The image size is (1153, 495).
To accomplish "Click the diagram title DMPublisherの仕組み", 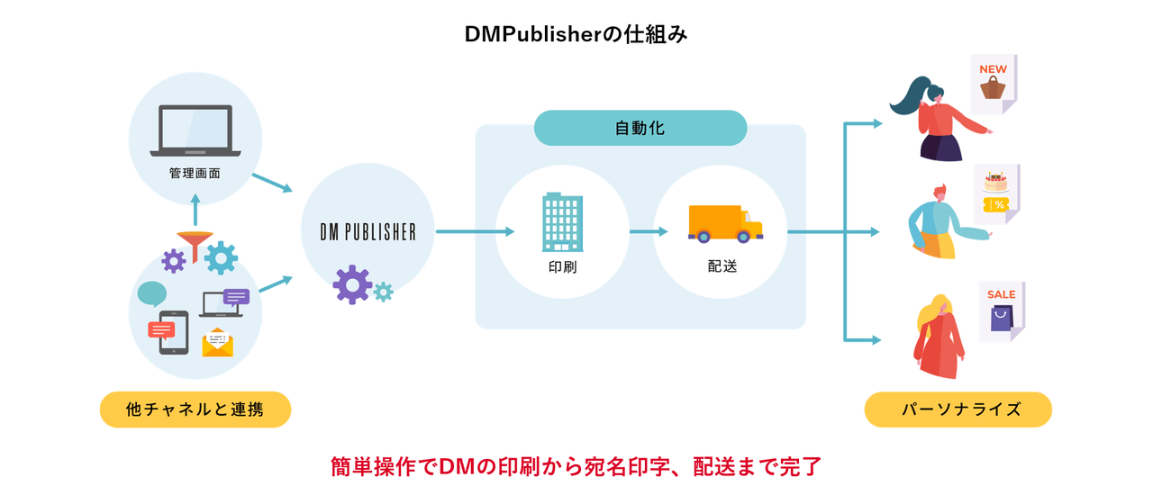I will point(576,33).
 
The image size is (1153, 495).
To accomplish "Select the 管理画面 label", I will point(195,173).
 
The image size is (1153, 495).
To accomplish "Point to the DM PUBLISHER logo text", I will point(368,231).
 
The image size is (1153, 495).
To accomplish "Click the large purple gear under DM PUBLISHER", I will point(351,284).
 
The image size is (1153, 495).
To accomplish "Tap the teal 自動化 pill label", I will point(640,128).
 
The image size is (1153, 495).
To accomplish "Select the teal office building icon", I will point(562,221).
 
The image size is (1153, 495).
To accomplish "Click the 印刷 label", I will point(562,267).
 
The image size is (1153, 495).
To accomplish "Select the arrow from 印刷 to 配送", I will point(649,231).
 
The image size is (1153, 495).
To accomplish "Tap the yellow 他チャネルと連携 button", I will point(195,409).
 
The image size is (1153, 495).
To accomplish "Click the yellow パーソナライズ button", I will point(958,409).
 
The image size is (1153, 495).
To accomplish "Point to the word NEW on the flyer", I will point(993,69).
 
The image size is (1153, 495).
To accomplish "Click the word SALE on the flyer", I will point(1001,294).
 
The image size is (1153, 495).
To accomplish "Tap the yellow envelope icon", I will point(217,342).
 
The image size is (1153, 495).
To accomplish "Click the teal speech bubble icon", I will point(152,293).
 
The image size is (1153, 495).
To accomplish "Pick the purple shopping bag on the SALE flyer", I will point(1002,318).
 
